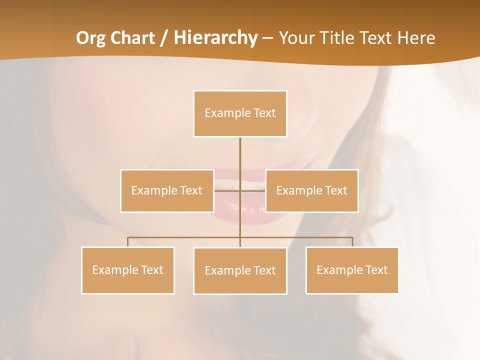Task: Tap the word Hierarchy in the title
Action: click(215, 38)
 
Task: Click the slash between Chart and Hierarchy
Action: click(164, 38)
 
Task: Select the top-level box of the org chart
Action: click(240, 113)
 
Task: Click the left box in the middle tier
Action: click(167, 190)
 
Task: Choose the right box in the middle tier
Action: click(311, 190)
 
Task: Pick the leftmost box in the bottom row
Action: click(127, 270)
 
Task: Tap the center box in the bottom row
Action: click(240, 270)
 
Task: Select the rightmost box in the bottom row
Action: click(352, 270)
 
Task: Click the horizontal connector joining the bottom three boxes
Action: click(185, 237)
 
